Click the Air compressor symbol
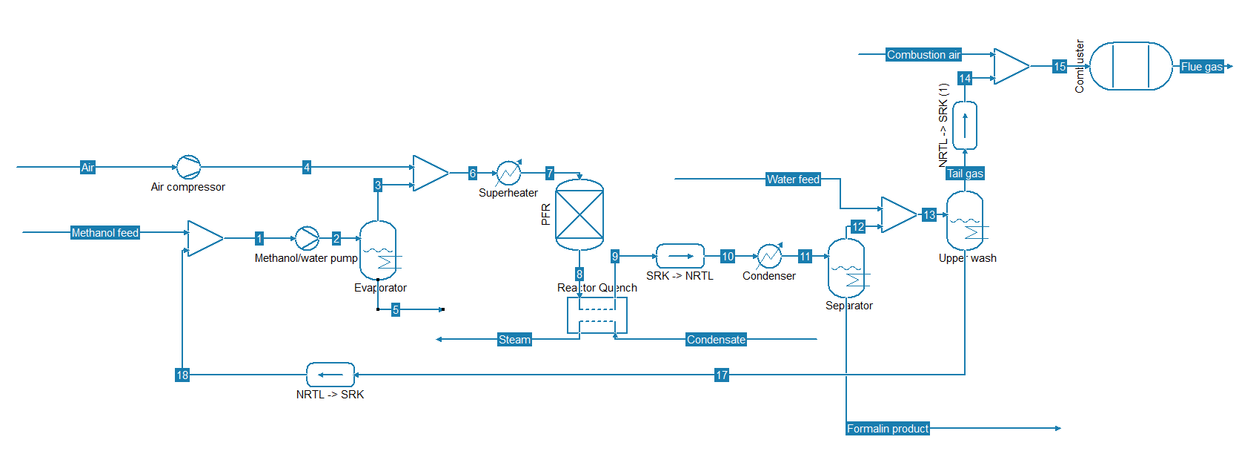(188, 167)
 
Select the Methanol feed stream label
(104, 233)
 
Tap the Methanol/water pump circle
(307, 238)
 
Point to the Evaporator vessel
(378, 250)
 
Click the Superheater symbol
(508, 173)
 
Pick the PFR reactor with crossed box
(579, 214)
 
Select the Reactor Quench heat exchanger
(597, 316)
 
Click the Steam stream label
(514, 340)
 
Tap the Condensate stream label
(716, 340)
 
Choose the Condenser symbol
(769, 256)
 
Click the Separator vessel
(846, 268)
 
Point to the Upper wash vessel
(965, 220)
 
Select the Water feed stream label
(793, 180)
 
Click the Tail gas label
(965, 174)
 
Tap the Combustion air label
(923, 55)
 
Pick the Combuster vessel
(1131, 66)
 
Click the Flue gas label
(1201, 67)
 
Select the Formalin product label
(888, 429)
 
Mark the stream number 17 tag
(722, 375)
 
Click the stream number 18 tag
(182, 375)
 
